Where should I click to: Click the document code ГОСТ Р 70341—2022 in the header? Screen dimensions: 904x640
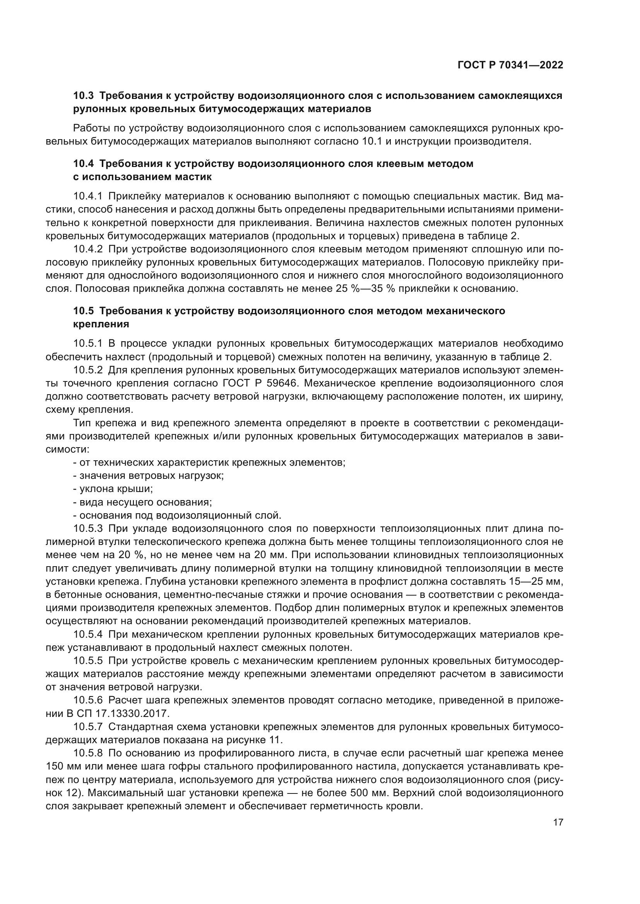click(510, 65)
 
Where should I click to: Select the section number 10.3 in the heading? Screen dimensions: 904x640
click(84, 96)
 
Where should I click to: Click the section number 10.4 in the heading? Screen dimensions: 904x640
click(84, 163)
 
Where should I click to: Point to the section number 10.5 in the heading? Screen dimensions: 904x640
click(84, 311)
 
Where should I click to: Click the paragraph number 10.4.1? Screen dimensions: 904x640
click(88, 196)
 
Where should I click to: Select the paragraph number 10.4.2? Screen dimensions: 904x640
click(88, 249)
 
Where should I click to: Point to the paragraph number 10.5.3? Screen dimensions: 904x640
click(88, 528)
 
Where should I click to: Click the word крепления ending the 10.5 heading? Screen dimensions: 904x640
click(101, 324)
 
